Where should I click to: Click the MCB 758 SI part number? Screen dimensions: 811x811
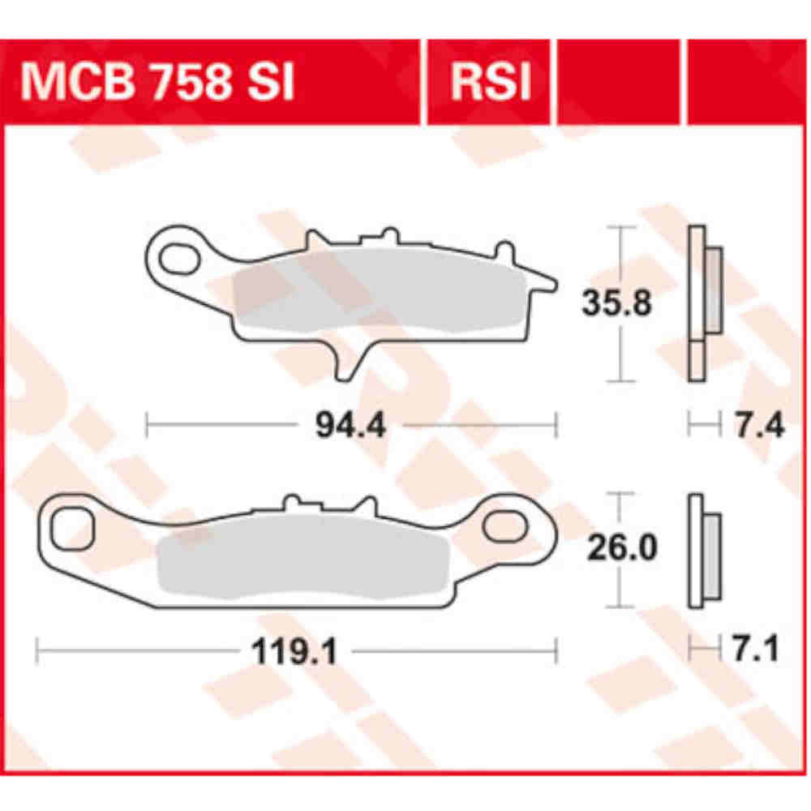point(158,83)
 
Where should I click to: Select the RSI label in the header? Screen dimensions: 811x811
point(490,83)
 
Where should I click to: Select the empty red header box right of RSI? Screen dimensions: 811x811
point(619,83)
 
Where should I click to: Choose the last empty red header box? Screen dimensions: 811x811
point(748,83)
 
